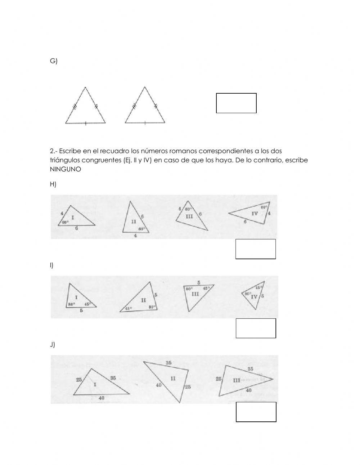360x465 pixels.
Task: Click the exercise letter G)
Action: pyautogui.click(x=53, y=61)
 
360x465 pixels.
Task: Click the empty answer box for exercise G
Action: pyautogui.click(x=236, y=103)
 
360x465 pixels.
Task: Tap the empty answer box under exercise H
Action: pyautogui.click(x=256, y=249)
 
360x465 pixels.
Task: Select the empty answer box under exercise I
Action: pyautogui.click(x=256, y=328)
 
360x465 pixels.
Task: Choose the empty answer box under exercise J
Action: pyautogui.click(x=256, y=412)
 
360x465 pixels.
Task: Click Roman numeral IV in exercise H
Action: pyautogui.click(x=255, y=214)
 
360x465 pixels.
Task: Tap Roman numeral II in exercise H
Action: pyautogui.click(x=134, y=222)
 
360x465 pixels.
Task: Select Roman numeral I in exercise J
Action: pyautogui.click(x=95, y=385)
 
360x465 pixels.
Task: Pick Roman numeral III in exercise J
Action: pyautogui.click(x=237, y=380)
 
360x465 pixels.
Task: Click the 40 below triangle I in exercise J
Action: pyautogui.click(x=102, y=398)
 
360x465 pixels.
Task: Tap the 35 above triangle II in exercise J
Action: pyautogui.click(x=168, y=363)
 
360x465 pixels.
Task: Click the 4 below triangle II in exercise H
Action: pyautogui.click(x=135, y=236)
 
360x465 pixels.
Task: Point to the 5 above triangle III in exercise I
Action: pyautogui.click(x=199, y=282)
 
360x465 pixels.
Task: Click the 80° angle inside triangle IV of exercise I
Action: pyautogui.click(x=248, y=294)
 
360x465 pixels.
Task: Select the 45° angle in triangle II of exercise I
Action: pyautogui.click(x=128, y=308)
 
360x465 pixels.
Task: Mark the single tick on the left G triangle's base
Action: pyautogui.click(x=85, y=124)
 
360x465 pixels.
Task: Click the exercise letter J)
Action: pyautogui.click(x=53, y=345)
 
